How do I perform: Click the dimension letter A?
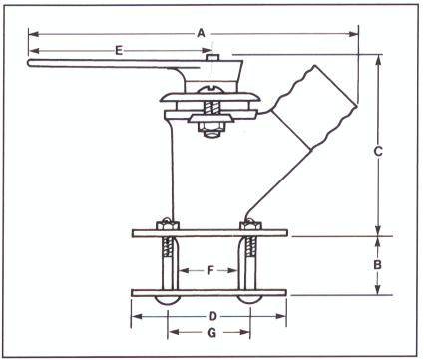coord(201,33)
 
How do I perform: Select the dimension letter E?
coord(119,51)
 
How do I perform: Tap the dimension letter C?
coord(378,151)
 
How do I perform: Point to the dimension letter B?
coord(377,265)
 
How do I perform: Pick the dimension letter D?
coord(212,316)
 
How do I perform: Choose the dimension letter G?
coord(212,333)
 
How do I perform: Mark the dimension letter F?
coord(210,270)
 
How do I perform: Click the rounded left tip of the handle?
coord(29,63)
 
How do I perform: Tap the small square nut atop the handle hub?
coord(212,57)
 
